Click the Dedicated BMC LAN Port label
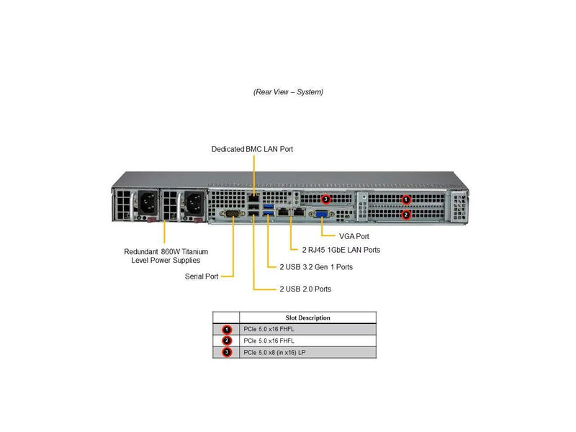click(252, 149)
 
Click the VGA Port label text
click(355, 235)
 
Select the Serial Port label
click(202, 276)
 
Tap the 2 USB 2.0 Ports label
click(305, 289)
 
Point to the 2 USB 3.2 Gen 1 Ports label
click(316, 266)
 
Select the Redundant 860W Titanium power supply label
click(166, 256)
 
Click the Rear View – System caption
click(288, 92)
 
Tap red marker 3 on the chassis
click(326, 199)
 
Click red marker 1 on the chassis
click(406, 200)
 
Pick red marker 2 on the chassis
click(406, 214)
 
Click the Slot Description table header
click(307, 318)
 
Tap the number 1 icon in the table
click(227, 329)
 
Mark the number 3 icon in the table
click(227, 352)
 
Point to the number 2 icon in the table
click(227, 341)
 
